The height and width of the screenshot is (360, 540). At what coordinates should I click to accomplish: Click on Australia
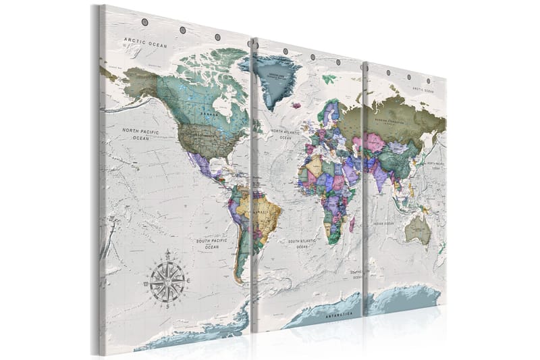click(418, 230)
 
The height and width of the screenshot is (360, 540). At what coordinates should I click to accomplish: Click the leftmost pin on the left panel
click(144, 23)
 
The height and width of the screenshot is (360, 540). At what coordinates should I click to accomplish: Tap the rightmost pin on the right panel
click(427, 80)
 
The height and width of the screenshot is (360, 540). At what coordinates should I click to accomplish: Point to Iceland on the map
click(296, 105)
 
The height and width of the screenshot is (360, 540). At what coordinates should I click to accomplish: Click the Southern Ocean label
click(356, 274)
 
